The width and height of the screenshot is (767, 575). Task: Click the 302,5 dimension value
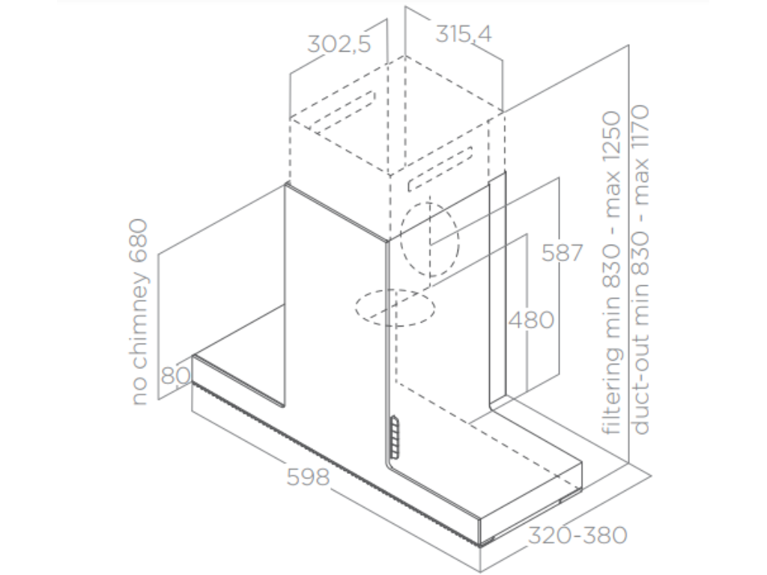click(x=339, y=44)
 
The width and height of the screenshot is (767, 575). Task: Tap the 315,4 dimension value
click(x=463, y=34)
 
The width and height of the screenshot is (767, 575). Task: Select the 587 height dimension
click(x=563, y=253)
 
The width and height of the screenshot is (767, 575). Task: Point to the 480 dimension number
click(x=531, y=320)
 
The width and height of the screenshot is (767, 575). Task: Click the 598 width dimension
click(x=308, y=477)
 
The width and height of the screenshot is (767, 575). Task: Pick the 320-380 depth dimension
click(x=577, y=535)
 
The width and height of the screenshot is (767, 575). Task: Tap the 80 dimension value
click(x=175, y=376)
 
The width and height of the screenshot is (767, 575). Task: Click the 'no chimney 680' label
click(x=139, y=312)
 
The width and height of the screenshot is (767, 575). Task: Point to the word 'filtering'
click(x=612, y=390)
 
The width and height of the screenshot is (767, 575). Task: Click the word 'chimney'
click(x=139, y=320)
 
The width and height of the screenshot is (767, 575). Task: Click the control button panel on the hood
click(x=394, y=437)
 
